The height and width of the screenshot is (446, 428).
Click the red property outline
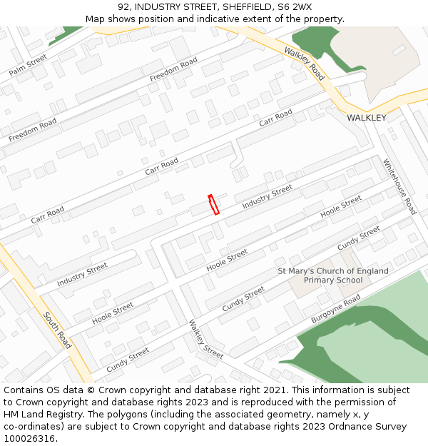click(213, 205)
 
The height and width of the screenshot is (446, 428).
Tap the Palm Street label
click(29, 65)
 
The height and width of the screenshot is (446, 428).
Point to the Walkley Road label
click(304, 64)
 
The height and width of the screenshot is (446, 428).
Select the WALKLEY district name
click(366, 118)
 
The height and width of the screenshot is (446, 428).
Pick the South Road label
click(58, 330)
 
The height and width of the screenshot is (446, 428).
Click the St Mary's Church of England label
click(333, 271)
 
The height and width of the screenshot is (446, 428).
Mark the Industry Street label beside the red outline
click(267, 197)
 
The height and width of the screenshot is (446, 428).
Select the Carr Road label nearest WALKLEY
click(276, 118)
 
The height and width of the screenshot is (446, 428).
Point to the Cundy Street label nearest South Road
click(128, 360)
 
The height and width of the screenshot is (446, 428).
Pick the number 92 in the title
click(124, 7)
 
